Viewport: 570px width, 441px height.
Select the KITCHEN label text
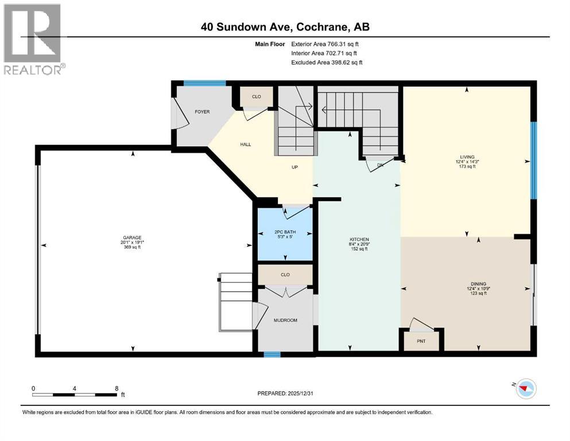[359, 239]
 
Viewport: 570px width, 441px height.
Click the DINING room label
[478, 284]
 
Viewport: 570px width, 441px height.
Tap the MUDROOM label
[285, 320]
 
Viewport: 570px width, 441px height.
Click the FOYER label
[201, 111]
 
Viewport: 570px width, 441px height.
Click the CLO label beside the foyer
[257, 96]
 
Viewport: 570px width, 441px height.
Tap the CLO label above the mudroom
[285, 274]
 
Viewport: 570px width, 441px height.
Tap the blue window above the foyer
[204, 83]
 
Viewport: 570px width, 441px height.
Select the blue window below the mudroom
[272, 354]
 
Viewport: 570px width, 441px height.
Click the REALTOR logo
[33, 38]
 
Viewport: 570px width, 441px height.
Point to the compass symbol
[524, 389]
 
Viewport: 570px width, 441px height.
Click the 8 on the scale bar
[117, 388]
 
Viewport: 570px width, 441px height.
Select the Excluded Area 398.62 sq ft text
[327, 63]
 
